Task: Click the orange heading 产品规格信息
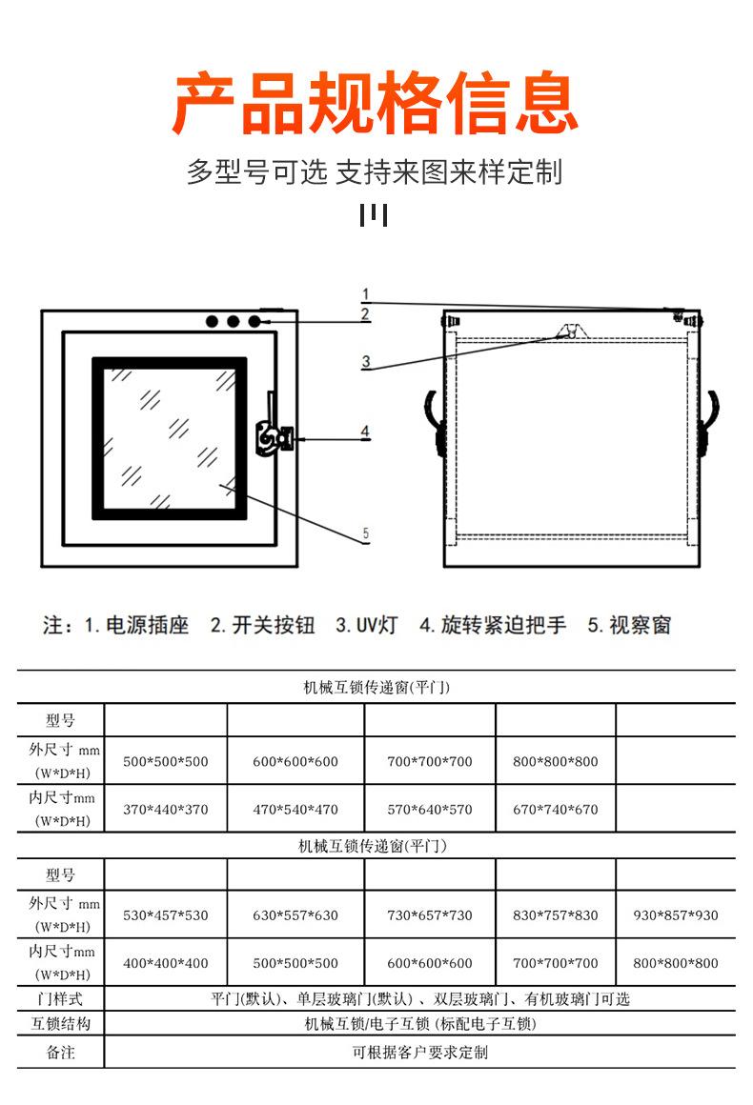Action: tap(376, 102)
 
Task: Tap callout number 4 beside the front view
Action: tap(364, 432)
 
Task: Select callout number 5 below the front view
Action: tap(365, 533)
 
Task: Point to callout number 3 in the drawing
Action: tap(365, 361)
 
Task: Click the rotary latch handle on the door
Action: tap(272, 439)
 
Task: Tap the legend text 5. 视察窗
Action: tap(629, 626)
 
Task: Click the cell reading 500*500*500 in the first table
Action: tap(166, 762)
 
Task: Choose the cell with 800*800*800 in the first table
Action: tap(555, 762)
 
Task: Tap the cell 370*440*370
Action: tap(166, 810)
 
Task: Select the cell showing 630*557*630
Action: tap(295, 915)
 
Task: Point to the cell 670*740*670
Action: tap(555, 810)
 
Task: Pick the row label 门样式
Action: tap(60, 999)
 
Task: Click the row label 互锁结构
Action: tap(60, 1024)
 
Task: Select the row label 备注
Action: tap(60, 1053)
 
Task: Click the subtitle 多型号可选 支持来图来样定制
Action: tap(375, 172)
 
